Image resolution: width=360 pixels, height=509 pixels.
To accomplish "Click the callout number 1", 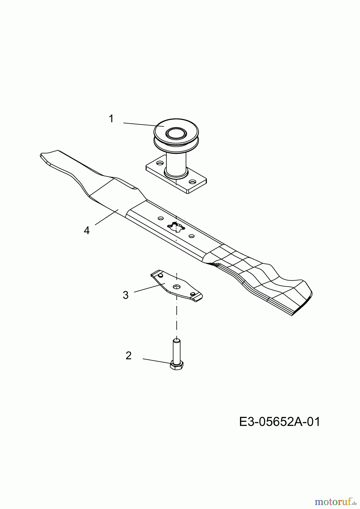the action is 111,119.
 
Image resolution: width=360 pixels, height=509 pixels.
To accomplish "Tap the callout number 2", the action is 128,355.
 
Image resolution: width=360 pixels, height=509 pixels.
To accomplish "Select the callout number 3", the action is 126,295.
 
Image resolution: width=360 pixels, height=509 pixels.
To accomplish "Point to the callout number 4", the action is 87,230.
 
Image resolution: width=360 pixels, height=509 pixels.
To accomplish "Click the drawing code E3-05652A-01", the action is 280,422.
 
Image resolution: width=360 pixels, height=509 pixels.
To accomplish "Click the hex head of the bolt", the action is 177,366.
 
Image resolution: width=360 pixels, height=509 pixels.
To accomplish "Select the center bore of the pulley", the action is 176,133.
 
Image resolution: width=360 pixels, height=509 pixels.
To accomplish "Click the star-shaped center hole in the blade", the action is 176,227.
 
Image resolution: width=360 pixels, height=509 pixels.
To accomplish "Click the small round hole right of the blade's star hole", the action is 191,236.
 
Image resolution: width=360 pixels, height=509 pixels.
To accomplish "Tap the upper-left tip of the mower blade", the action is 41,154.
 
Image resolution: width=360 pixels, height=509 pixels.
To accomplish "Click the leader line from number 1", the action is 143,125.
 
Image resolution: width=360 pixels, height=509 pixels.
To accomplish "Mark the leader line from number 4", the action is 107,217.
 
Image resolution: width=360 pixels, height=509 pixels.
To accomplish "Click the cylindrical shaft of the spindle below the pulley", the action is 176,164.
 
